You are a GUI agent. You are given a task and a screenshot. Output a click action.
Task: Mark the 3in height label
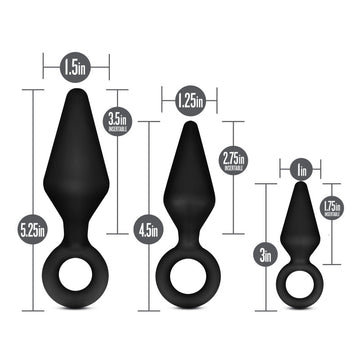click(x=264, y=255)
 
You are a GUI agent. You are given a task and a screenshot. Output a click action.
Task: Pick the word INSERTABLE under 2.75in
click(x=232, y=166)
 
